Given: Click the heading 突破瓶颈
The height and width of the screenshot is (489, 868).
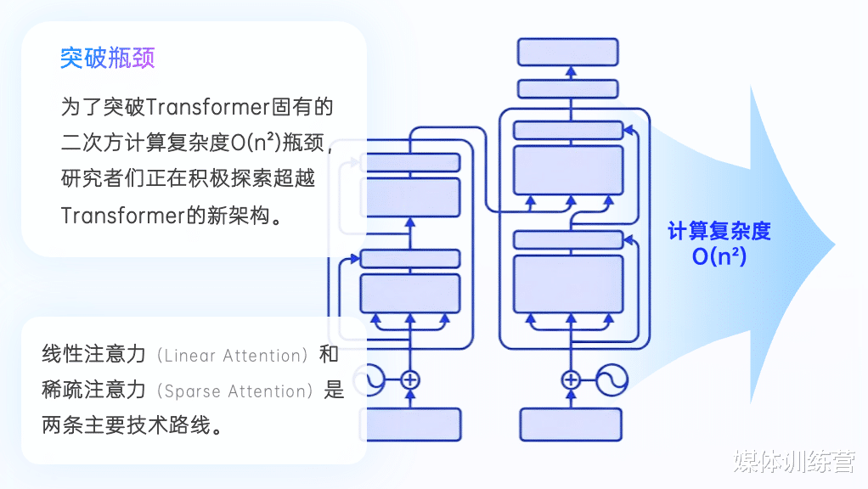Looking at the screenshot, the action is (x=107, y=58).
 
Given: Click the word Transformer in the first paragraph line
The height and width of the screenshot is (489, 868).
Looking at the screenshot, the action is (x=207, y=107).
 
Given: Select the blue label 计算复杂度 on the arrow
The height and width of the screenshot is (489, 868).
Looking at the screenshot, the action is (x=719, y=231).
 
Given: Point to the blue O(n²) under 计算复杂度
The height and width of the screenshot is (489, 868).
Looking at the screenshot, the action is (x=719, y=256).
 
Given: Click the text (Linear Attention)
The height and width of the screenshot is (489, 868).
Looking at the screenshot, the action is (x=232, y=355).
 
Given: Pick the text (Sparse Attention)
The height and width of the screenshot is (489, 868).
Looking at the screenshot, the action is (x=234, y=391).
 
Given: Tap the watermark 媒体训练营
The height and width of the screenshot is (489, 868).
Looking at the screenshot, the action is (x=794, y=461).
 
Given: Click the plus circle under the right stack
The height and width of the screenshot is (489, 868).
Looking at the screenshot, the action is (x=571, y=380).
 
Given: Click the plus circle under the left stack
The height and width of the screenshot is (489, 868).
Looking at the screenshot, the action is (x=409, y=380).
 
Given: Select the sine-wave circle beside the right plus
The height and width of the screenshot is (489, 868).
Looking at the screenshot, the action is (x=612, y=380).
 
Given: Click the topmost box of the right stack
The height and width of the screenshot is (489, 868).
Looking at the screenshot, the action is (x=568, y=52).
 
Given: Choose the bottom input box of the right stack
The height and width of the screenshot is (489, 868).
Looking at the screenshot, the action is (x=570, y=424).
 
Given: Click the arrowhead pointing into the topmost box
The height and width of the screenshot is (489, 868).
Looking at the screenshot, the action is (x=571, y=70).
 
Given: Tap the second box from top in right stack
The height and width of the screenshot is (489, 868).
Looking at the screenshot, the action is (x=568, y=89).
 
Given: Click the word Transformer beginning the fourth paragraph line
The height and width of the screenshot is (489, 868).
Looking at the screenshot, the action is (x=123, y=215).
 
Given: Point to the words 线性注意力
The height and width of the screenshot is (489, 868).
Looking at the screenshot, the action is (x=93, y=354).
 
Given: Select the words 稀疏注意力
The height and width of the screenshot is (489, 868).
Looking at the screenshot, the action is (x=93, y=390).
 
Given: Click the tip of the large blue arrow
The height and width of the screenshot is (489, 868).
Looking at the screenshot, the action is (x=835, y=245).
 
